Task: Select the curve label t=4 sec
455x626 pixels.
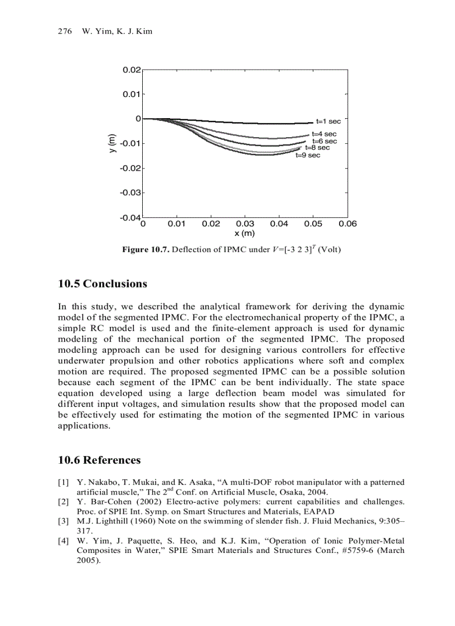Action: click(324, 134)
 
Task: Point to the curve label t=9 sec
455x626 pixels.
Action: click(308, 156)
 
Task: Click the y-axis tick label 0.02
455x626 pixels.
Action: click(132, 70)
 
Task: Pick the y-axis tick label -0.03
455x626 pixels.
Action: click(130, 192)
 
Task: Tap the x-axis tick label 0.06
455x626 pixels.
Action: click(347, 224)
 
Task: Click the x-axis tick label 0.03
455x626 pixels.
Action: click(245, 224)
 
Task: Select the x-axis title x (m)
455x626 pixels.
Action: click(245, 234)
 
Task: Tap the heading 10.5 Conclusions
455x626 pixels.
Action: click(103, 284)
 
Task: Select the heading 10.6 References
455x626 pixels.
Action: click(99, 460)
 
